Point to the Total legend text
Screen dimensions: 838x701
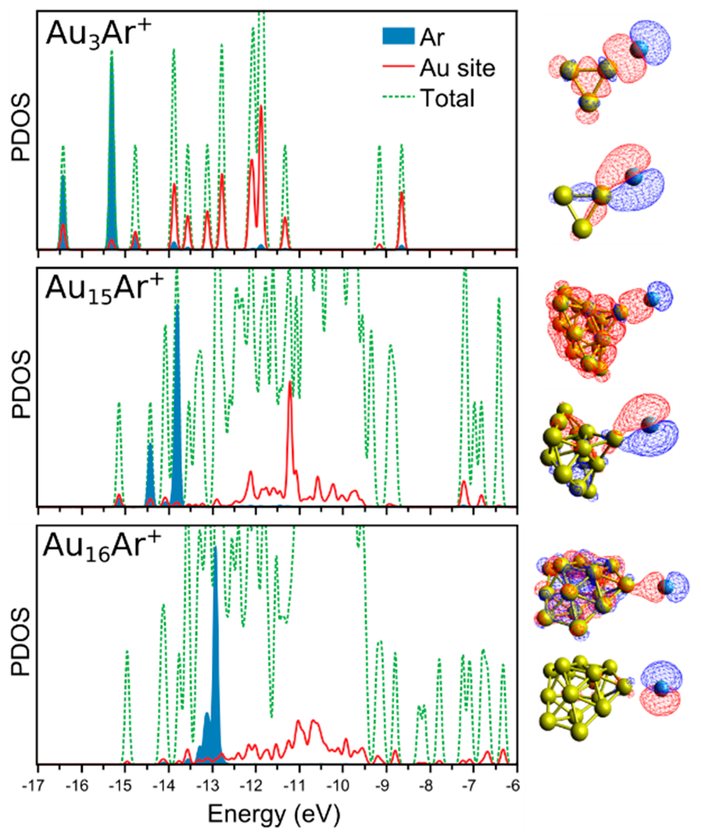(x=447, y=98)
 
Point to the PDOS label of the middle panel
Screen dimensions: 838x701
(x=21, y=384)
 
